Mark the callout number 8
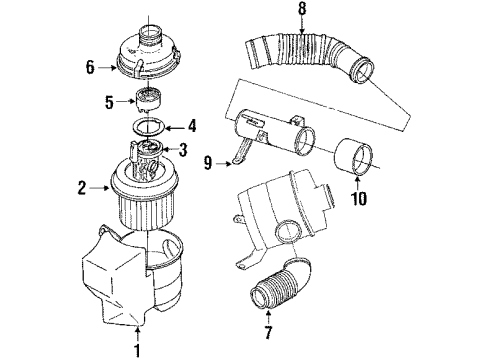[x=273, y=14]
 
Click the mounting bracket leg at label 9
[x=238, y=148]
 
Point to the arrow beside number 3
[x=170, y=151]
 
